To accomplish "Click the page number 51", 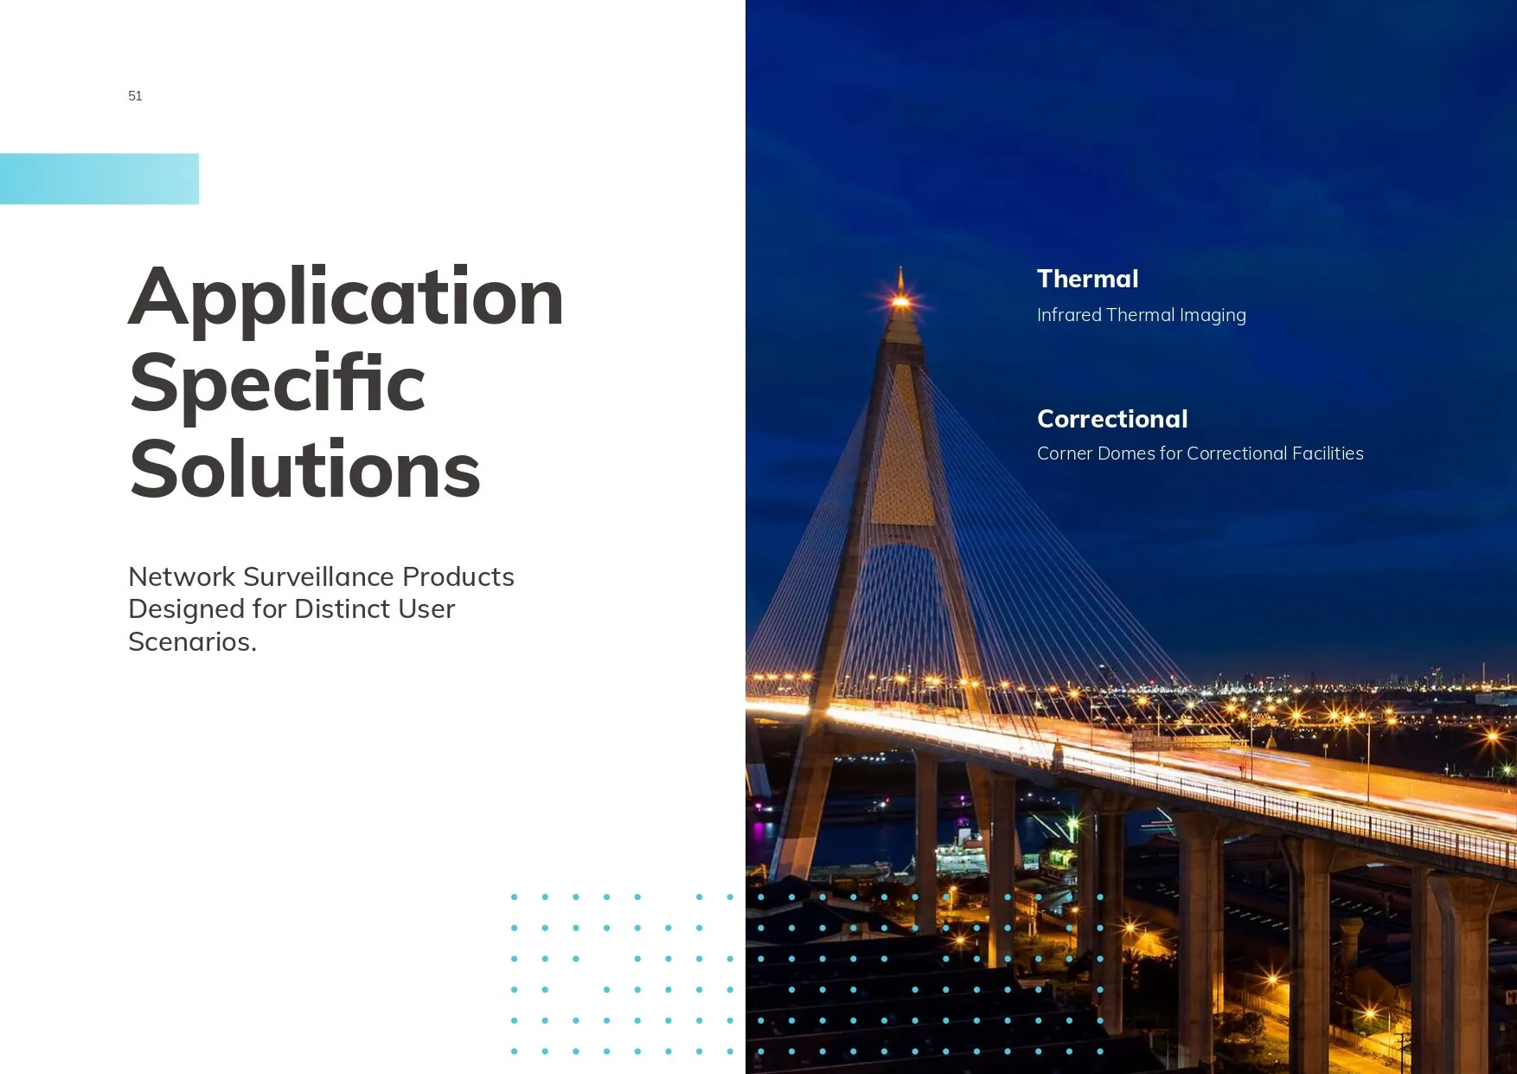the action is pyautogui.click(x=135, y=96).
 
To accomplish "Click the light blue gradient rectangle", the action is pyautogui.click(x=99, y=179).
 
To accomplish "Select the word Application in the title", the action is pyautogui.click(x=346, y=299).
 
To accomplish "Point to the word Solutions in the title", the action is pyautogui.click(x=305, y=469).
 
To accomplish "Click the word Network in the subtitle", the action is pyautogui.click(x=182, y=576).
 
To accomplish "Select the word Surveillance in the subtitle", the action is pyautogui.click(x=319, y=576).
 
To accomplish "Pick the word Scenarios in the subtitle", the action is pyautogui.click(x=192, y=641).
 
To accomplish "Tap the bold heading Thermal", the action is pyautogui.click(x=1087, y=279).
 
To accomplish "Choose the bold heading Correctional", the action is pyautogui.click(x=1112, y=419).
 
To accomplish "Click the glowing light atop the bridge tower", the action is pyautogui.click(x=900, y=301).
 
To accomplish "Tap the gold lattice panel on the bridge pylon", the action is pyautogui.click(x=902, y=446).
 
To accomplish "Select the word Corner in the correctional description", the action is pyautogui.click(x=1064, y=453).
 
